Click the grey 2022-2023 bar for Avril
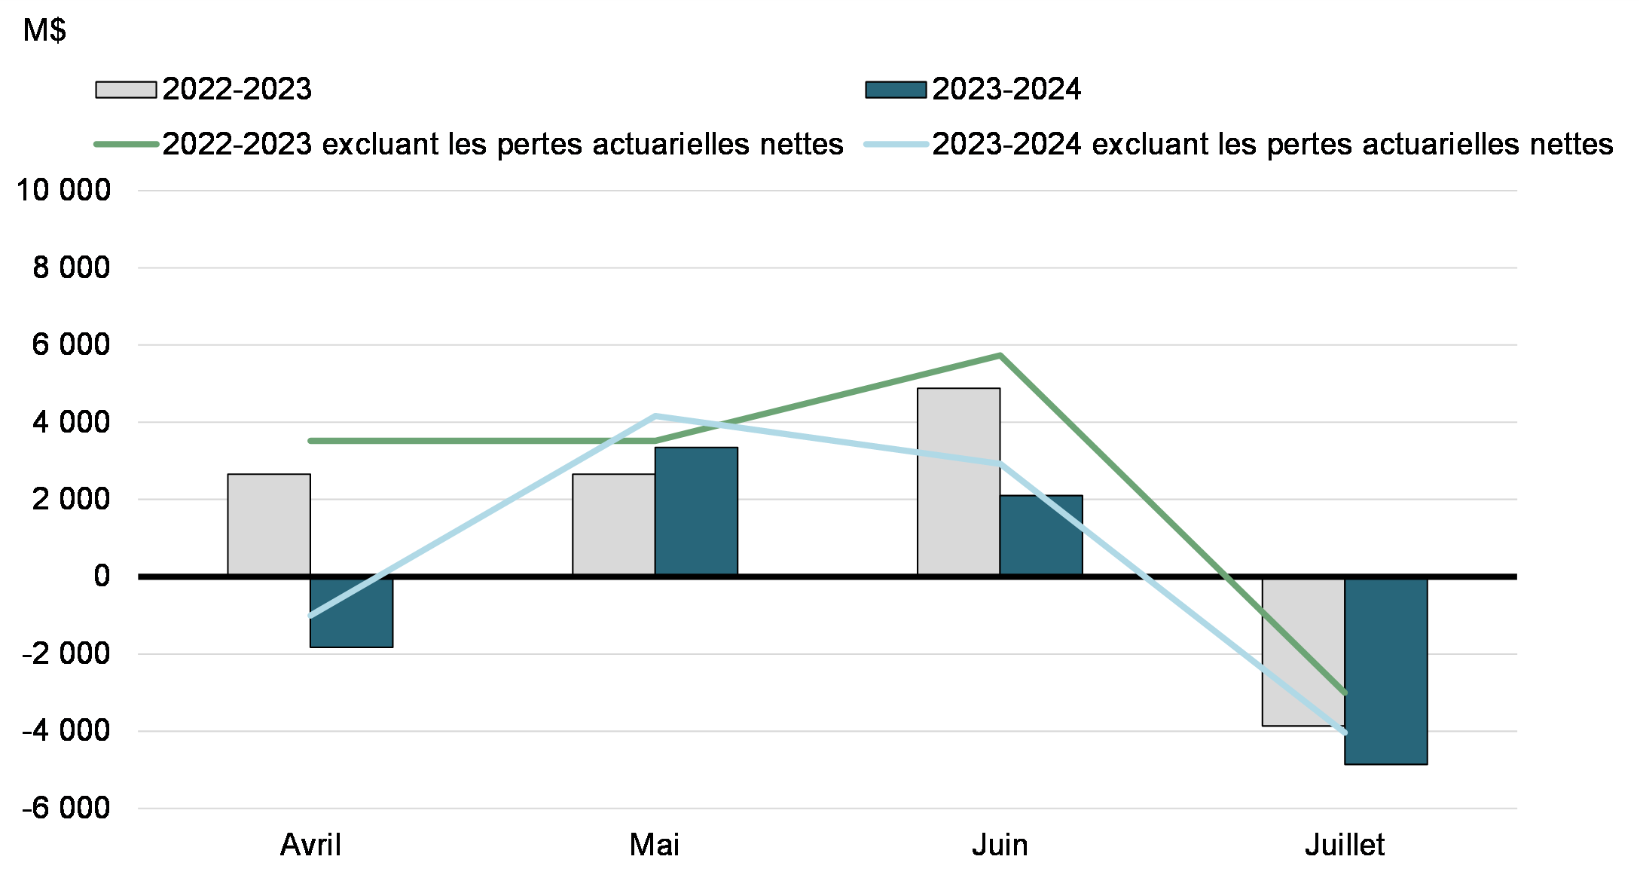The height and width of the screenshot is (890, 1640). pos(269,525)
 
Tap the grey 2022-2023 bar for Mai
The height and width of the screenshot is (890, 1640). pos(613,525)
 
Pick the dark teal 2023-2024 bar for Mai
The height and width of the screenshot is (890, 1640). pos(696,512)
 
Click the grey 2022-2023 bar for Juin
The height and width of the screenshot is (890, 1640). pos(958,482)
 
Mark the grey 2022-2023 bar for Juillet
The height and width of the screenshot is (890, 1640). pos(1303,651)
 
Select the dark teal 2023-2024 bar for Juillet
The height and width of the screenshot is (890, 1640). pos(1386,671)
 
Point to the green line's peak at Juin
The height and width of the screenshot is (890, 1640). pos(1000,355)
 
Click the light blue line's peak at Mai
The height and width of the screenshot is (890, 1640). pos(655,416)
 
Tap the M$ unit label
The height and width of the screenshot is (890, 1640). pos(44,31)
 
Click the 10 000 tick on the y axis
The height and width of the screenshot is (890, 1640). pos(63,190)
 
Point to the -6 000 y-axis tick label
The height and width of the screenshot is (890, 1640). pos(66,808)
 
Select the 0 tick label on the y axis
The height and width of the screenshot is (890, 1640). pos(102,576)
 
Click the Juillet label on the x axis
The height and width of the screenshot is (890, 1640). pos(1345,845)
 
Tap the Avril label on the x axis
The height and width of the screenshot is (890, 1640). pos(310,845)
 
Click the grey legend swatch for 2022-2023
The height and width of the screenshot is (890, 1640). pos(126,90)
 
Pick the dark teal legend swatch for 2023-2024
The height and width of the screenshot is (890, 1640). pos(896,90)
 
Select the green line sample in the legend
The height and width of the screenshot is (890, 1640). pos(126,144)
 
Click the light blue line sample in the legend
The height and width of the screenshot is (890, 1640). pos(896,144)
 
